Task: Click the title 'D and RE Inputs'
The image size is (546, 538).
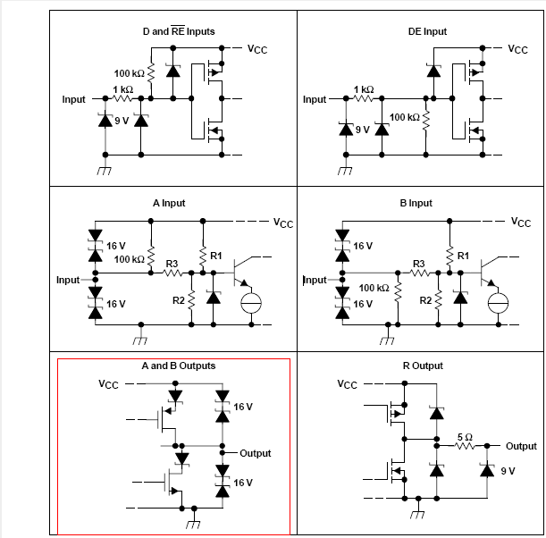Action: [x=179, y=31]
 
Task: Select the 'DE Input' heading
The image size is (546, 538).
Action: [x=427, y=31]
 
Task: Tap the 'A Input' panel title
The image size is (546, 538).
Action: [x=169, y=203]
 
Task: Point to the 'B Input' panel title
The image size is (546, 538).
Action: [x=416, y=203]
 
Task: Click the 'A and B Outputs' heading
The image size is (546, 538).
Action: [x=178, y=366]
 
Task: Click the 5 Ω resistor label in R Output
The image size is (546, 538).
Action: [x=464, y=435]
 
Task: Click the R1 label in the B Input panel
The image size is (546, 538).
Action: [x=463, y=256]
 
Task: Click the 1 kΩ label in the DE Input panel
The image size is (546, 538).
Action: [x=363, y=89]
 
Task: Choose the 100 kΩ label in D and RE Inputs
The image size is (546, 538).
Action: [x=130, y=72]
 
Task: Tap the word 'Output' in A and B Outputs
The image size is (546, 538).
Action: [x=255, y=453]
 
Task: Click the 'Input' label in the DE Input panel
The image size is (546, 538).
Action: [x=315, y=99]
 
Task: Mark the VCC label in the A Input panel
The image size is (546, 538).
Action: [x=283, y=223]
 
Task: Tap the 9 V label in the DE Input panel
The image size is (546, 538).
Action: [x=362, y=130]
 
